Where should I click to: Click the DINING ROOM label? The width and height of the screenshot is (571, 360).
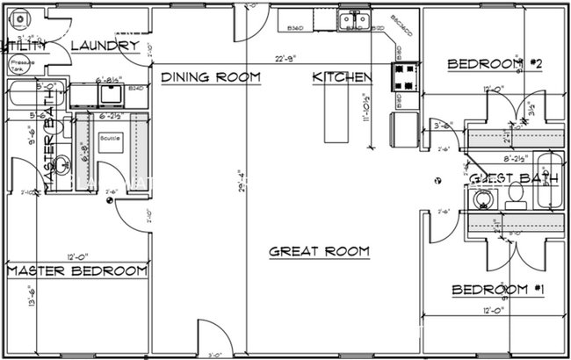pos(211,77)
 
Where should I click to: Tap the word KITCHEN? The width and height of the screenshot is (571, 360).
pos(342,77)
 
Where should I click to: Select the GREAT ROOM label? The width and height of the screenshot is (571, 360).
pos(319,251)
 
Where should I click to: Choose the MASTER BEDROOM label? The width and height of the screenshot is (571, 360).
pos(76,271)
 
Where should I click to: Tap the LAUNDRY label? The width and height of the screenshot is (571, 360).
pos(104,46)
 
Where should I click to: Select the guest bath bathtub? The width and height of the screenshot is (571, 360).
pos(551,183)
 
